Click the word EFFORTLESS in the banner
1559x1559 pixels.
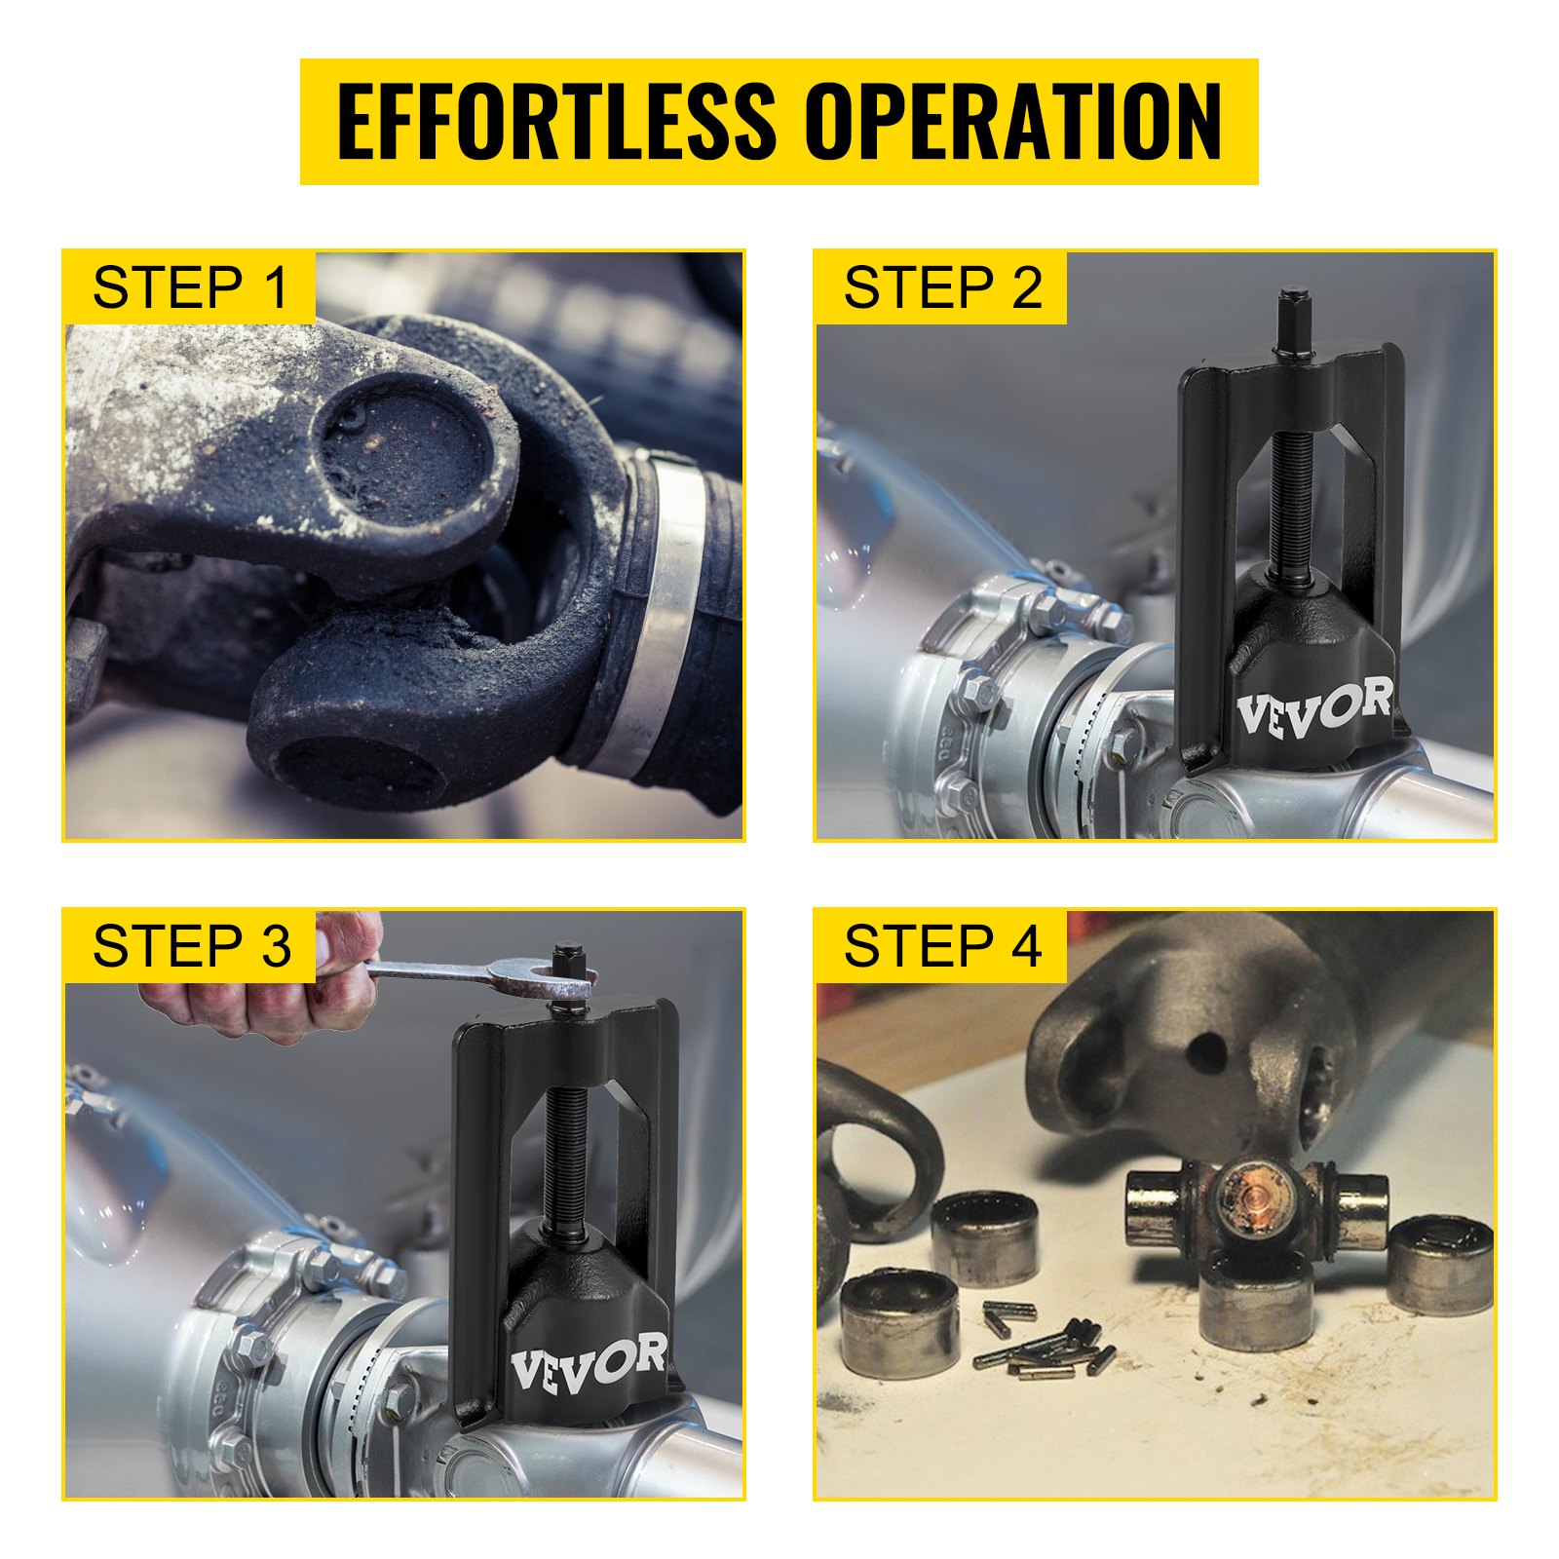tap(555, 122)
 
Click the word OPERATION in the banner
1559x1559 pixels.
tap(1013, 122)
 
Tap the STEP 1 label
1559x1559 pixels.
tap(191, 287)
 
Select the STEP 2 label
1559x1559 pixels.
tap(942, 287)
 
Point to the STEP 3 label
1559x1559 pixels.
tap(191, 946)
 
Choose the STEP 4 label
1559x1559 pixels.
tap(942, 946)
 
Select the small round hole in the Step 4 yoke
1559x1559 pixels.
tap(1207, 1050)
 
